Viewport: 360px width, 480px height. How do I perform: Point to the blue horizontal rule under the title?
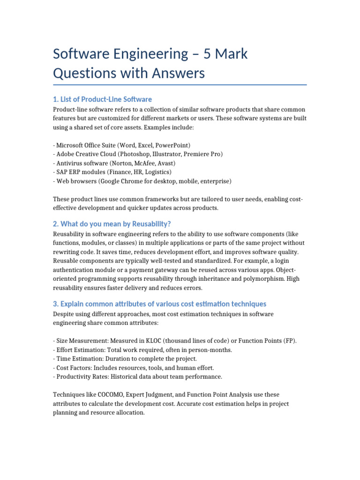pyautogui.click(x=180, y=85)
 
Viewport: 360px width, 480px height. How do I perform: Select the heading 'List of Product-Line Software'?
pyautogui.click(x=103, y=99)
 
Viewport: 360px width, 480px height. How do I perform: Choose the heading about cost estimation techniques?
pyautogui.click(x=160, y=304)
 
